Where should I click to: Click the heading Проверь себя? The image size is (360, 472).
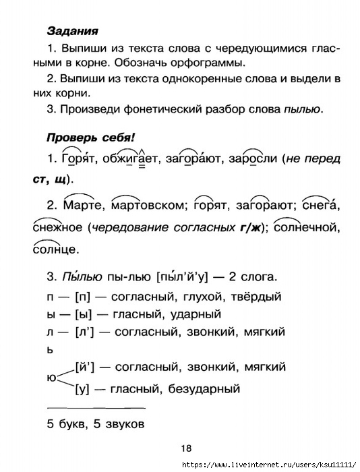point(90,137)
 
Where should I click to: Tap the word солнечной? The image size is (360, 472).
point(305,228)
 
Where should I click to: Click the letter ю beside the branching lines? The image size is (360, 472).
point(51,378)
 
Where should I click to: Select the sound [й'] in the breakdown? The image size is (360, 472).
point(87,367)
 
